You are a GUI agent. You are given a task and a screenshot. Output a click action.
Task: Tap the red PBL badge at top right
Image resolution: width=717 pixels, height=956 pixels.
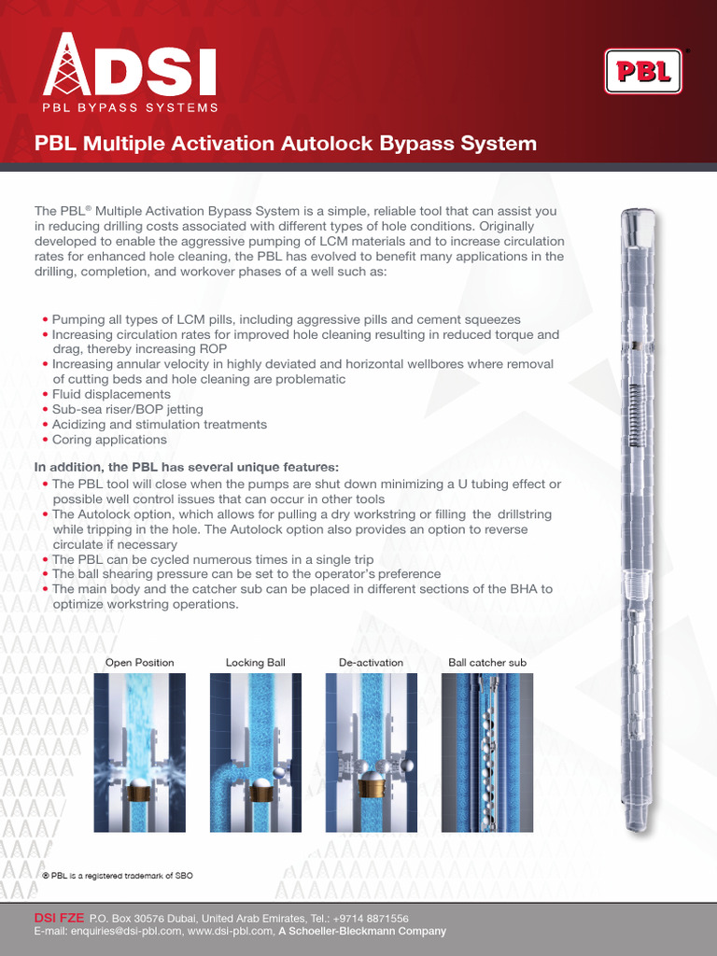[x=643, y=72]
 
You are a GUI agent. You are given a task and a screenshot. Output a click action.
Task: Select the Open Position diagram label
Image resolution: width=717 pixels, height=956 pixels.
[x=140, y=663]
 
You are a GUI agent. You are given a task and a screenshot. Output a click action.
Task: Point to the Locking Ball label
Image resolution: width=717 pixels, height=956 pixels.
[x=256, y=663]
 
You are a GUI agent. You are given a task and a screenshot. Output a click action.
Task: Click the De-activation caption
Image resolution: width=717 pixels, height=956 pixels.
[x=371, y=663]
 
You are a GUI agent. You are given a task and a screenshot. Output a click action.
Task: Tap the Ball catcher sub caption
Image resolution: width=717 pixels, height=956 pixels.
[x=487, y=663]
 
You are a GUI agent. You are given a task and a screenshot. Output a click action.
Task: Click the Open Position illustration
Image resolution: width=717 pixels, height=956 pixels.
[x=140, y=752]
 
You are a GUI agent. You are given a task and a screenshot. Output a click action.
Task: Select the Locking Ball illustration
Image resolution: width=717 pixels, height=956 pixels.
[x=256, y=752]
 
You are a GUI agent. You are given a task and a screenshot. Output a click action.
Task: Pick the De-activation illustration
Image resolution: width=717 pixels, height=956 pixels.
[x=371, y=752]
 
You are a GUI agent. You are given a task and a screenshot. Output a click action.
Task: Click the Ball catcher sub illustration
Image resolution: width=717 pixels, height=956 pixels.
[x=487, y=752]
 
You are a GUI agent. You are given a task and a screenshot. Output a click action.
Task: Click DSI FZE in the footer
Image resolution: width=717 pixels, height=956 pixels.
[x=59, y=919]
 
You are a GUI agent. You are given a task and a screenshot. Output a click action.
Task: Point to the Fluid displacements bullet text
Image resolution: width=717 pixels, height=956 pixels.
[x=111, y=395]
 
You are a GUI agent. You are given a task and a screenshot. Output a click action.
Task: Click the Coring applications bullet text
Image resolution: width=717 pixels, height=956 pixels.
[x=109, y=440]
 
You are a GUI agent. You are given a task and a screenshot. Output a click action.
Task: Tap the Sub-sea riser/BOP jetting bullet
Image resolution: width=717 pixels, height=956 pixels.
[x=127, y=410]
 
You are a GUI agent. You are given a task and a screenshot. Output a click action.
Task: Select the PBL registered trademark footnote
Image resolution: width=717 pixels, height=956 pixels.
[x=117, y=875]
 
